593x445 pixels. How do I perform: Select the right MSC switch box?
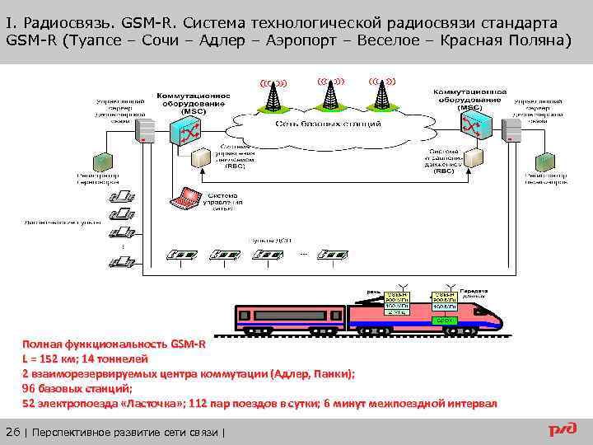tap(476, 126)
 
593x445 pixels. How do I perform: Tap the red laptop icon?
tap(184, 198)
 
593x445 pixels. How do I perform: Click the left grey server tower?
tap(146, 130)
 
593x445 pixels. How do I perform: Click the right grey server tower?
tap(512, 130)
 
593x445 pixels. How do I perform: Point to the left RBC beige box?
tap(200, 159)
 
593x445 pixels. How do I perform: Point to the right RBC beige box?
tap(473, 157)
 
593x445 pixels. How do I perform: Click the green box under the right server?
tap(546, 161)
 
